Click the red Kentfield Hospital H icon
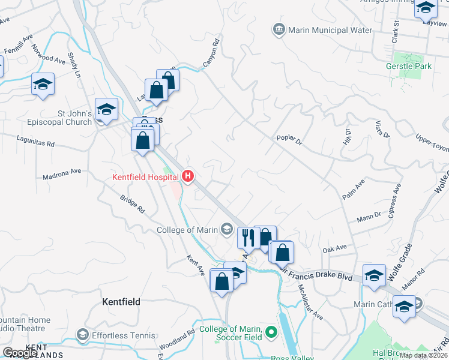pos(188,176)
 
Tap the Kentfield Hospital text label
pos(146,176)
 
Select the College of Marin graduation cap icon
pos(227,229)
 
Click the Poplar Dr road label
pos(289,138)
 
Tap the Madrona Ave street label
pos(62,171)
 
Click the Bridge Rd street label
pos(133,204)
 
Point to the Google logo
pos(20,353)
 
